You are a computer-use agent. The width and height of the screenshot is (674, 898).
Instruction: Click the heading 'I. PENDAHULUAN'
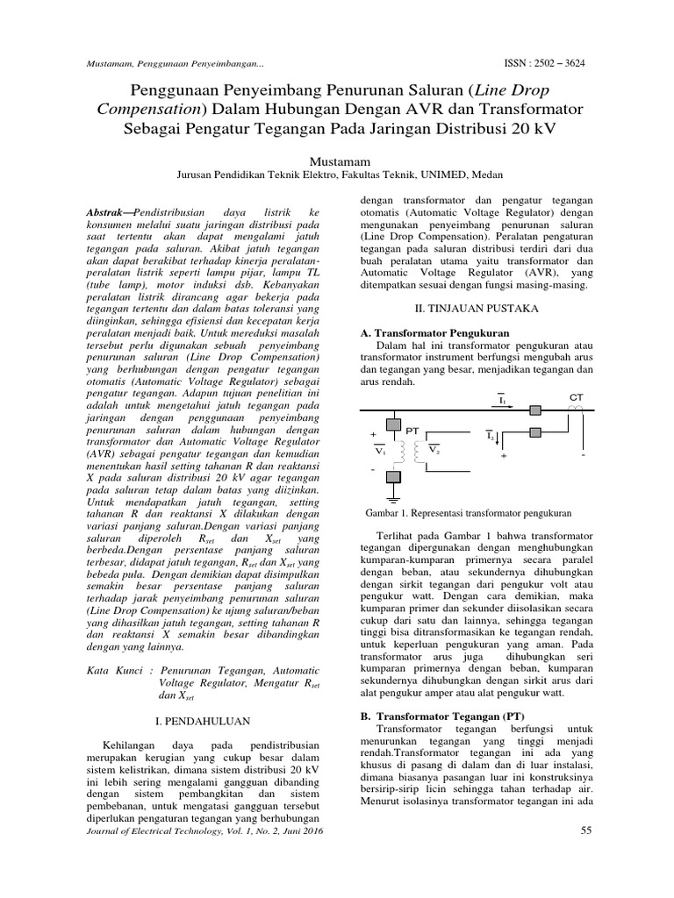pyautogui.click(x=203, y=720)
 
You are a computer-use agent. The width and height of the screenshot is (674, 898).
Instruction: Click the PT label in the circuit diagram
pyautogui.click(x=413, y=430)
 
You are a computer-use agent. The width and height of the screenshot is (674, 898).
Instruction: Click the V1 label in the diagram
pyautogui.click(x=379, y=451)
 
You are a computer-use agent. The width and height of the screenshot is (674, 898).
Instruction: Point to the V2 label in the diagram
pyautogui.click(x=434, y=449)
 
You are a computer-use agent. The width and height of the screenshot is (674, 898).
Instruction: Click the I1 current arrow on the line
pyautogui.click(x=502, y=401)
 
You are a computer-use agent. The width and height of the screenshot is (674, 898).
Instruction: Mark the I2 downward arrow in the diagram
pyautogui.click(x=492, y=436)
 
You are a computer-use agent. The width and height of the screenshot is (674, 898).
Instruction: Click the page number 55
pyautogui.click(x=587, y=830)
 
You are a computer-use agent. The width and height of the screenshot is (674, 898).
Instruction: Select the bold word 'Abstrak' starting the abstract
pyautogui.click(x=111, y=213)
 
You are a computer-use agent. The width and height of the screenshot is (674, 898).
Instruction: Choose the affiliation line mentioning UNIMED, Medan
pyautogui.click(x=336, y=175)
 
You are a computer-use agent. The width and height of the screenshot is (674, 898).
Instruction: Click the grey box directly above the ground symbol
pyautogui.click(x=393, y=476)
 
